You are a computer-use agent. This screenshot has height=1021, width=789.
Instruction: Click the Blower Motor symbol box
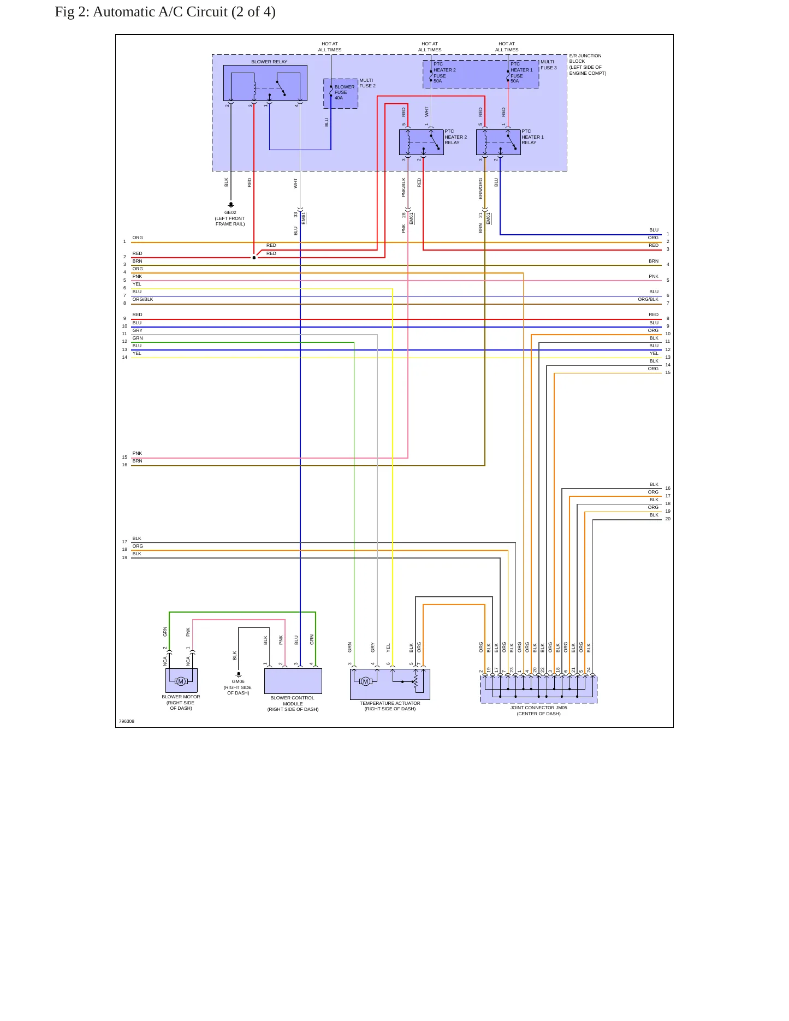point(181,681)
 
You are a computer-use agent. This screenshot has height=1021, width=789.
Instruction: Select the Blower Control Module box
point(293,681)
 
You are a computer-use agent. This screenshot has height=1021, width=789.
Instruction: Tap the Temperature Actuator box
point(390,684)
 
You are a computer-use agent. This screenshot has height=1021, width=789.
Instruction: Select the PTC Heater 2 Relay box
point(422,142)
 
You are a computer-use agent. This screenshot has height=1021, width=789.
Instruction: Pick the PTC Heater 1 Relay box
point(499,142)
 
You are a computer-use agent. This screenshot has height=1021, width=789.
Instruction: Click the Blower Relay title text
point(269,62)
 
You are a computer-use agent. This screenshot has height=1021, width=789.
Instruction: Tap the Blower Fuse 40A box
point(341,93)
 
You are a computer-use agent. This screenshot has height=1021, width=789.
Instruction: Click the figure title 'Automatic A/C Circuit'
point(184,12)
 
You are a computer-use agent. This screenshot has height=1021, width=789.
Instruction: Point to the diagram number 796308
point(127,721)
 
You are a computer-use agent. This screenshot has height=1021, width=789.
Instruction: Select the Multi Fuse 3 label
point(549,64)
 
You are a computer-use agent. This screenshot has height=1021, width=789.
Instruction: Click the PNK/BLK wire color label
point(404,187)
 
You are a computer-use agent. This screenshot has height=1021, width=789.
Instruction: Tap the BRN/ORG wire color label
point(481,188)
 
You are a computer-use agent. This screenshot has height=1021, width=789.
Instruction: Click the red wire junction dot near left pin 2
point(254,258)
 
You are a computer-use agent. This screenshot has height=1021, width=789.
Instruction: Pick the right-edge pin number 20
point(668,519)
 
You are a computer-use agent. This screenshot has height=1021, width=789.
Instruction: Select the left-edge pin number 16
point(124,465)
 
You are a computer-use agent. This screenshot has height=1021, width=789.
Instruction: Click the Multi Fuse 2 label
point(367,83)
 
